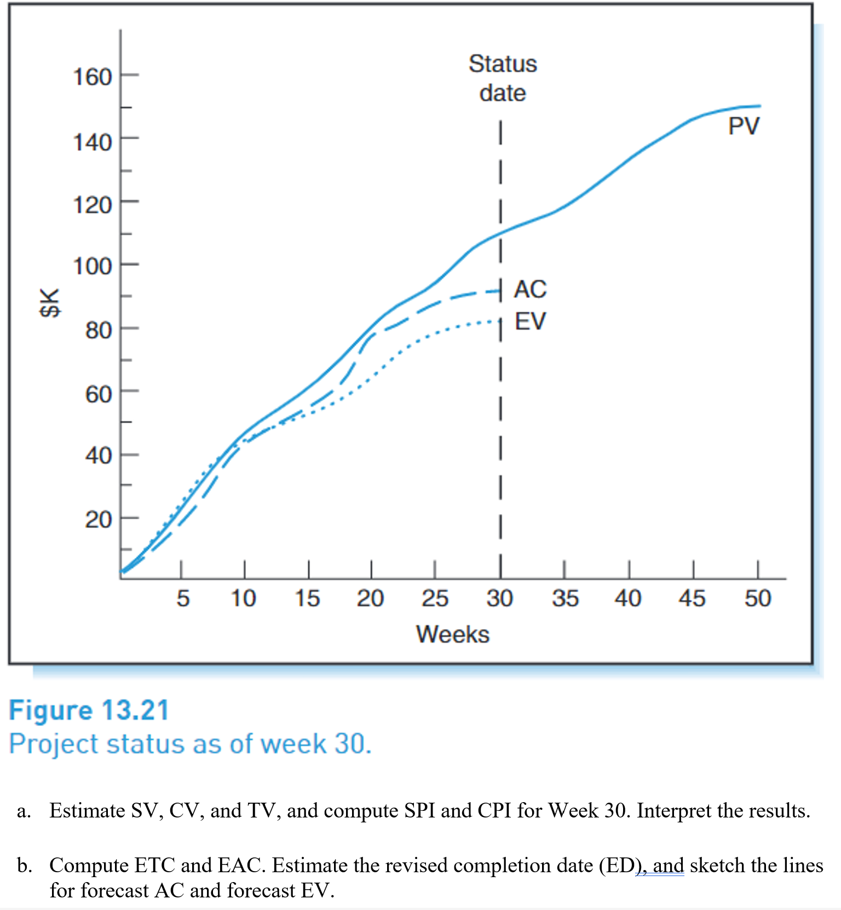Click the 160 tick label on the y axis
click(x=92, y=77)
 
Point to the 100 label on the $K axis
click(x=92, y=267)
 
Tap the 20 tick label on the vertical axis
click(x=98, y=519)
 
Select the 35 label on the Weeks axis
click(x=564, y=598)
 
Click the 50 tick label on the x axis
click(x=757, y=598)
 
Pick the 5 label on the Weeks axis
click(x=182, y=598)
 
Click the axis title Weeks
click(x=452, y=635)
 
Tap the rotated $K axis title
click(x=50, y=302)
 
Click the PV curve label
click(x=744, y=126)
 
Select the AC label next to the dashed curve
click(x=530, y=289)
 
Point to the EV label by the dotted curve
click(x=530, y=321)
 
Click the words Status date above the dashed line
click(x=503, y=78)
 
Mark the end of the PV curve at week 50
click(x=760, y=106)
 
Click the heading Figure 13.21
click(x=89, y=711)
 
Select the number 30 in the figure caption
click(x=351, y=744)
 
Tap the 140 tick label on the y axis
click(x=92, y=142)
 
